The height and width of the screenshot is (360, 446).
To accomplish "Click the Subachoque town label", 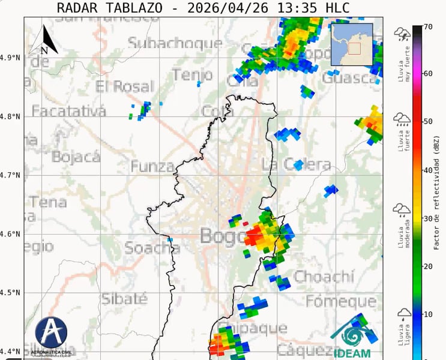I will click(175, 43).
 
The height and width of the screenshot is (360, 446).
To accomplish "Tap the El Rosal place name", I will click(125, 86).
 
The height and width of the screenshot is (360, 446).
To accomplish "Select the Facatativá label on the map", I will click(68, 111).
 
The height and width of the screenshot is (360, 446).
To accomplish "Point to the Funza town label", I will click(152, 166).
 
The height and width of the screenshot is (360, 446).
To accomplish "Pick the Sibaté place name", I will click(124, 298).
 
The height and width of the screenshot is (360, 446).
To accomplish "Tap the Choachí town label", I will click(324, 277).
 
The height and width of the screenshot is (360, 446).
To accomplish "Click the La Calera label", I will click(297, 164).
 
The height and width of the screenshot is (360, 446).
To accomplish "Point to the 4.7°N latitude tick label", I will click(10, 175).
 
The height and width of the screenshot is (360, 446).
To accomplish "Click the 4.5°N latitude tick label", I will click(10, 293).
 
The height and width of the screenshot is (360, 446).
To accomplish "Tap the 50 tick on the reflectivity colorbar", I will click(428, 122).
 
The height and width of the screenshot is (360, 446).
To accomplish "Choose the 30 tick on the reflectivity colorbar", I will click(428, 218).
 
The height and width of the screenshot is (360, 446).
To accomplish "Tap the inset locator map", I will click(352, 44).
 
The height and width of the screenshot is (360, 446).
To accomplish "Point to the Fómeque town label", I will click(340, 301).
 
